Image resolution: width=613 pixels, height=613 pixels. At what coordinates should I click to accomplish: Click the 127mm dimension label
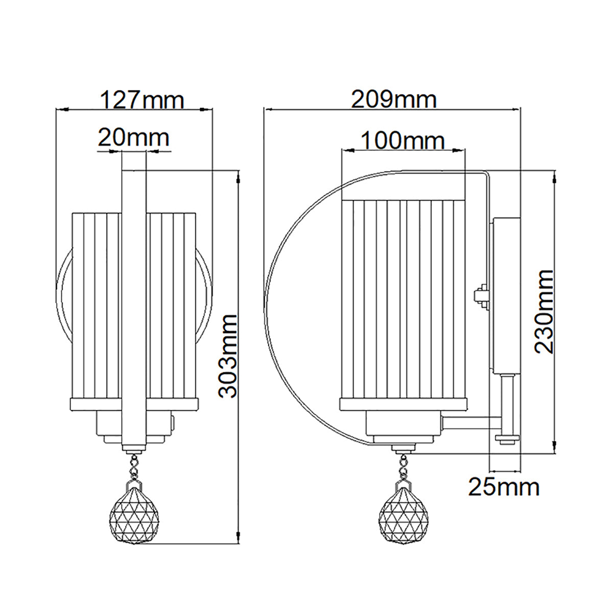pos(141,100)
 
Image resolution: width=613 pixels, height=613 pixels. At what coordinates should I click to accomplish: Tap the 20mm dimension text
pos(133,137)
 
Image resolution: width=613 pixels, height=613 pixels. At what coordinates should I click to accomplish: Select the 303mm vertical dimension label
pos(228,356)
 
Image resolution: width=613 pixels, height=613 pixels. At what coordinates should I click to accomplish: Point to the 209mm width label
pos(393,100)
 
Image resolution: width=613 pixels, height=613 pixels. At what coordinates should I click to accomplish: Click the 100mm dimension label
pos(403,140)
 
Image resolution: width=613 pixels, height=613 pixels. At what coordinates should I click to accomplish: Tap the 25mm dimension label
pos(504,487)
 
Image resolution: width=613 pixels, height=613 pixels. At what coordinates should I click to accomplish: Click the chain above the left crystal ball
pos(134,462)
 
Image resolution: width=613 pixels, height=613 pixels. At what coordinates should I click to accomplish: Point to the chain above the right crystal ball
pos(404,462)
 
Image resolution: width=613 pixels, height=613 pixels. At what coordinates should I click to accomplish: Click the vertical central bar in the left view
pos(134,306)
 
